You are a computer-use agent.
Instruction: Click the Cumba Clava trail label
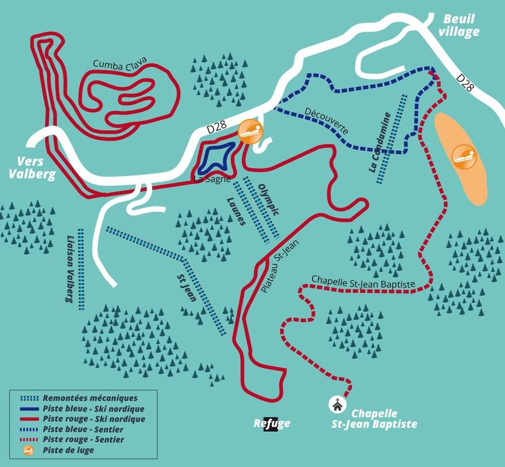click(x=120, y=65)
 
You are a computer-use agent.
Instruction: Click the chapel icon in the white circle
click(x=338, y=404)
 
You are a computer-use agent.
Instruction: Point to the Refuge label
click(x=272, y=424)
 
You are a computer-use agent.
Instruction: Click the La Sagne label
click(x=212, y=180)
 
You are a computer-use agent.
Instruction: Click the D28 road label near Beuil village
click(x=466, y=82)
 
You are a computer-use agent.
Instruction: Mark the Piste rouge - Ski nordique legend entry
click(x=93, y=419)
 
